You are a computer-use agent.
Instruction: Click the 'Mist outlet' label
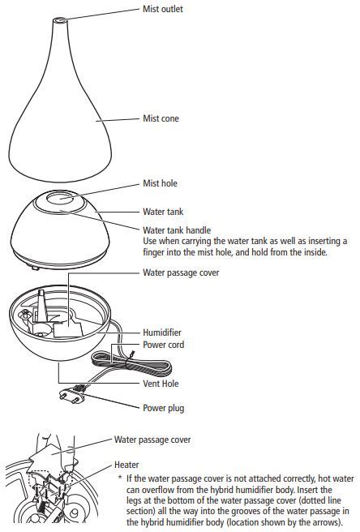[x=162, y=9]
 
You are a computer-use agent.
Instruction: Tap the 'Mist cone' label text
[x=161, y=118]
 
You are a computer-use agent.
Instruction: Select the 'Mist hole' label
[x=160, y=183]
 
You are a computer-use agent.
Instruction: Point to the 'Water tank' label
[x=163, y=212]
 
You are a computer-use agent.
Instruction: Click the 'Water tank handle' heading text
[x=177, y=230]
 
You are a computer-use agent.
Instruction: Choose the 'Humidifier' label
[x=162, y=332]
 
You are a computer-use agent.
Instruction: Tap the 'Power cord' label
[x=163, y=345]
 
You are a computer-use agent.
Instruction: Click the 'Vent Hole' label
[x=161, y=384]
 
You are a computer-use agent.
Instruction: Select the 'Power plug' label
[x=163, y=408]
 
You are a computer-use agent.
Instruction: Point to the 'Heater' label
[x=126, y=465]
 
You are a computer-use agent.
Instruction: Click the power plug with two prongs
[x=71, y=395]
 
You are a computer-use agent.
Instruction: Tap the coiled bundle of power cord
[x=131, y=364]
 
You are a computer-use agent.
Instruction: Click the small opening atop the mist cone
[x=60, y=20]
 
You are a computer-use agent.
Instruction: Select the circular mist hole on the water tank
[x=60, y=198]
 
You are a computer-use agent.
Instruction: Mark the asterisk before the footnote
[x=120, y=478]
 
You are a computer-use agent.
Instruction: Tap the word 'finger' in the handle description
[x=154, y=253]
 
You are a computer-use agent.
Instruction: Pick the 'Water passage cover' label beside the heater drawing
[x=152, y=440]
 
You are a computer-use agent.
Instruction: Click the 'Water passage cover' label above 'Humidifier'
[x=181, y=272]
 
